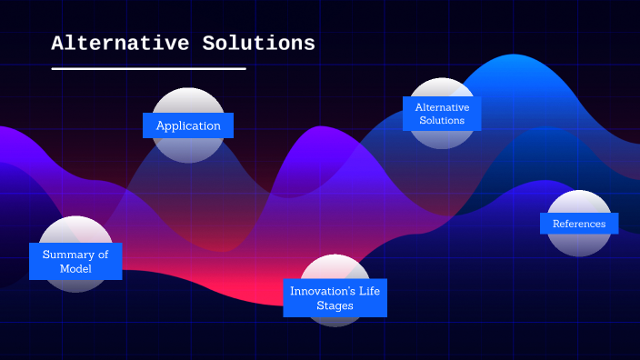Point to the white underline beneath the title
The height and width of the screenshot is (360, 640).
point(148,68)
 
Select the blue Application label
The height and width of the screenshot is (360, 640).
point(188,125)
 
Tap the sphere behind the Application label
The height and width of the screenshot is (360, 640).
point(188,100)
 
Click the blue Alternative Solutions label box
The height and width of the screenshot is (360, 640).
point(442,114)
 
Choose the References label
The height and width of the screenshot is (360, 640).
point(579,224)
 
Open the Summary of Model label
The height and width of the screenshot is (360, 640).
point(75,262)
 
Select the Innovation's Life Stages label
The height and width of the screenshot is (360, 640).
point(335,298)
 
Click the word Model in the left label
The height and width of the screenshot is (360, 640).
point(75,269)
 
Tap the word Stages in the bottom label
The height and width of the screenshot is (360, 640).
point(335,306)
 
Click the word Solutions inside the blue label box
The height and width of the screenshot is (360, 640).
point(442,121)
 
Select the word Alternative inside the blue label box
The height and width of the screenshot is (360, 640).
point(442,107)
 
